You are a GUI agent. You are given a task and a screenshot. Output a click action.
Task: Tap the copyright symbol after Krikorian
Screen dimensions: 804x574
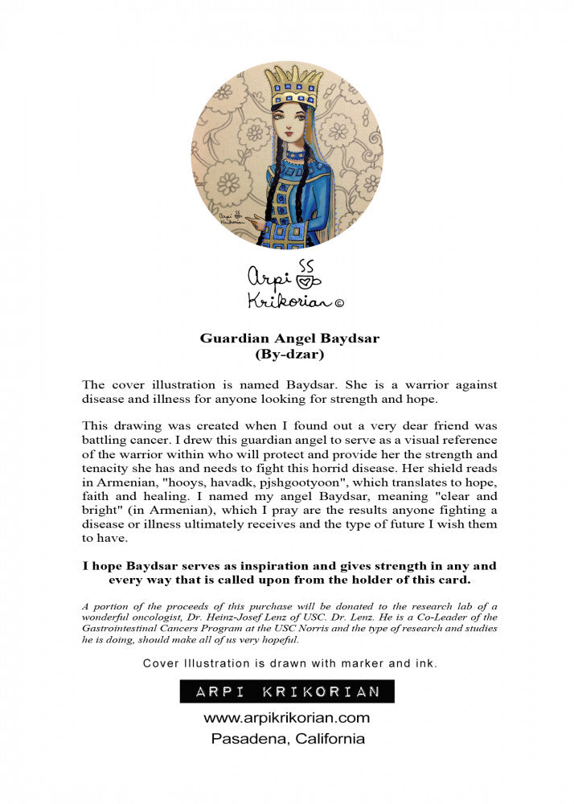338,303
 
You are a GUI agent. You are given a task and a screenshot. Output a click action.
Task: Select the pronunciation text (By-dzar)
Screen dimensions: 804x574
289,353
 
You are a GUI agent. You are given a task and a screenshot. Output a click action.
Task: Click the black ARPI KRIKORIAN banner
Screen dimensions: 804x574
287,691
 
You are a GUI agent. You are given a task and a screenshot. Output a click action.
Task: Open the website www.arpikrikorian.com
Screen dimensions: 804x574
286,717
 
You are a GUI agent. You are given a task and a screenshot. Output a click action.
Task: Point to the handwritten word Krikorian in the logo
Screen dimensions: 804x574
280,301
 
